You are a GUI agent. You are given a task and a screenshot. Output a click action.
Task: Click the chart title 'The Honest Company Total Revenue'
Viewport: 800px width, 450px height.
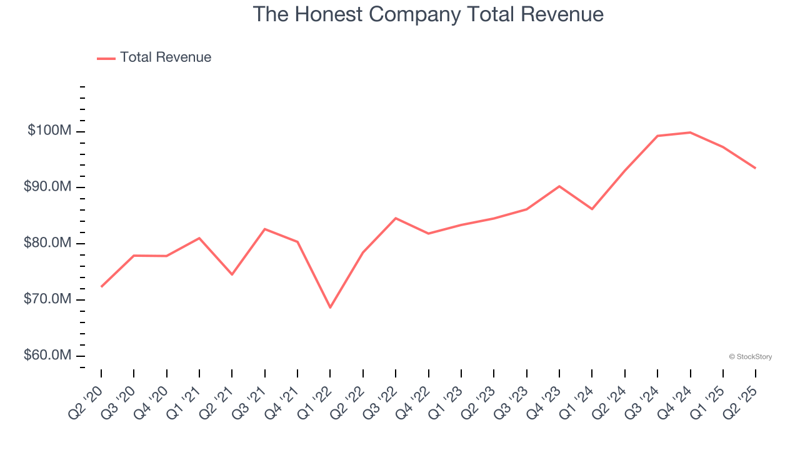tap(428, 14)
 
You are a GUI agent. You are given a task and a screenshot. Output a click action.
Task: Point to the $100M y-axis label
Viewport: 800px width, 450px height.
tap(49, 131)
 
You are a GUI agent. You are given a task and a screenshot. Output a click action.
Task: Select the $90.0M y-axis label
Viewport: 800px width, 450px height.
tap(47, 187)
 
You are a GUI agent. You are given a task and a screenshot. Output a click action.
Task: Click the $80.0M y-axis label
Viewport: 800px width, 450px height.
tap(47, 243)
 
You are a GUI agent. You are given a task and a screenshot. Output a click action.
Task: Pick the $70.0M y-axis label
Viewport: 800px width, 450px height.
tap(47, 299)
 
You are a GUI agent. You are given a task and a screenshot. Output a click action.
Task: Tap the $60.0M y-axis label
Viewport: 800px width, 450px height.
tap(47, 356)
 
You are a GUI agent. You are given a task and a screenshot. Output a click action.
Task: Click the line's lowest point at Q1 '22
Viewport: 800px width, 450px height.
tap(330, 307)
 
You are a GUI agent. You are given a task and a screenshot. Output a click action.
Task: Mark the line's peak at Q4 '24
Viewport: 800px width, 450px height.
tap(690, 132)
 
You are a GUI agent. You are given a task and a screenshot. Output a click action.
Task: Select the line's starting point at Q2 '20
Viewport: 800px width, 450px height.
tap(101, 287)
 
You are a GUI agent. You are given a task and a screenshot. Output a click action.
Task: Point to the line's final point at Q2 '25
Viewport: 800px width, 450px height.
tap(755, 168)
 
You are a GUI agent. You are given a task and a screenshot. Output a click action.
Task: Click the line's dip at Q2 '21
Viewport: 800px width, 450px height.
tap(232, 274)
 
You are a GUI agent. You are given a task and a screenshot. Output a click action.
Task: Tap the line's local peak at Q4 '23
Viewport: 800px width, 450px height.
tap(559, 186)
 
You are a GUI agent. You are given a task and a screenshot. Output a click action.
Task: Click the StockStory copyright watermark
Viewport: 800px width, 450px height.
tap(750, 357)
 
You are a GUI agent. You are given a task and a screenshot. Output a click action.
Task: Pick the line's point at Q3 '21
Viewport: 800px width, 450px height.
tap(264, 229)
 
